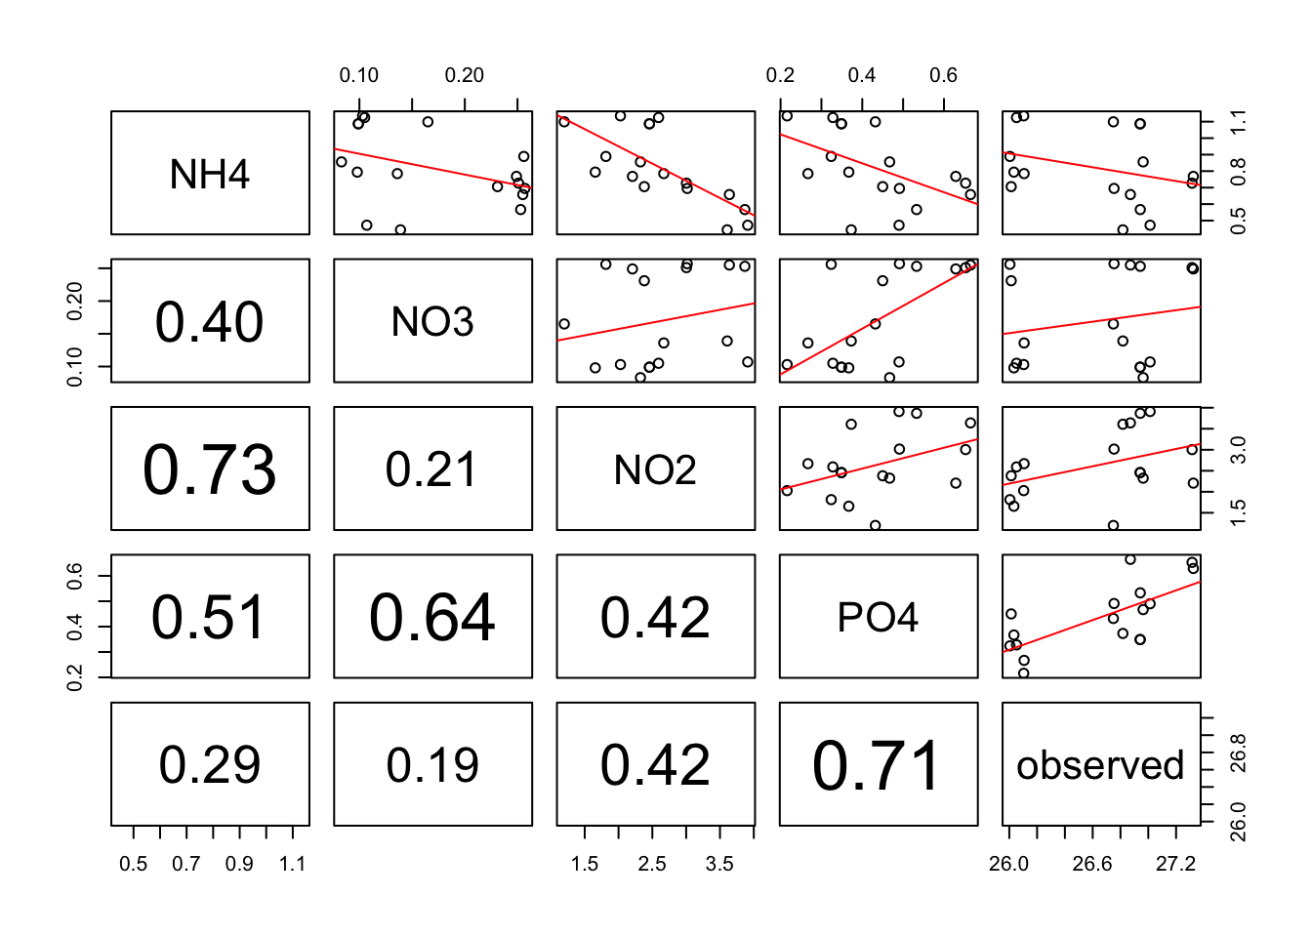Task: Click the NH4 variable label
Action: pyautogui.click(x=210, y=175)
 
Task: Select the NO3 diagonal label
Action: pyautogui.click(x=432, y=322)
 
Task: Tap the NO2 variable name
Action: pyautogui.click(x=655, y=470)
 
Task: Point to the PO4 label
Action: pyautogui.click(x=878, y=618)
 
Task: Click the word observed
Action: pyautogui.click(x=1100, y=765)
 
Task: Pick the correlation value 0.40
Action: pyautogui.click(x=210, y=322)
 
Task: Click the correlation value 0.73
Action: pyautogui.click(x=210, y=470)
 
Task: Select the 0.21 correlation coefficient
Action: pyautogui.click(x=432, y=470)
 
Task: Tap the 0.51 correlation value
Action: pyautogui.click(x=210, y=618)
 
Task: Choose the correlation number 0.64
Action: pyautogui.click(x=432, y=618)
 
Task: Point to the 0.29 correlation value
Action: pyautogui.click(x=210, y=765)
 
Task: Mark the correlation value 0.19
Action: pyautogui.click(x=432, y=765)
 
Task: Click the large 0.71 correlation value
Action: pyautogui.click(x=878, y=765)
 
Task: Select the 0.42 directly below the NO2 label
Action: pyautogui.click(x=655, y=618)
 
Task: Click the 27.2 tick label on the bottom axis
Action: pyautogui.click(x=1175, y=864)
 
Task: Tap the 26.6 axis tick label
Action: pyautogui.click(x=1092, y=864)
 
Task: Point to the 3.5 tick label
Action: pyautogui.click(x=719, y=864)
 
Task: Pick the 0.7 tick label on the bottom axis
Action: pyautogui.click(x=186, y=864)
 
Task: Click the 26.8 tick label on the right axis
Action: pyautogui.click(x=1238, y=754)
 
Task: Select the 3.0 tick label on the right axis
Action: pyautogui.click(x=1238, y=450)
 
